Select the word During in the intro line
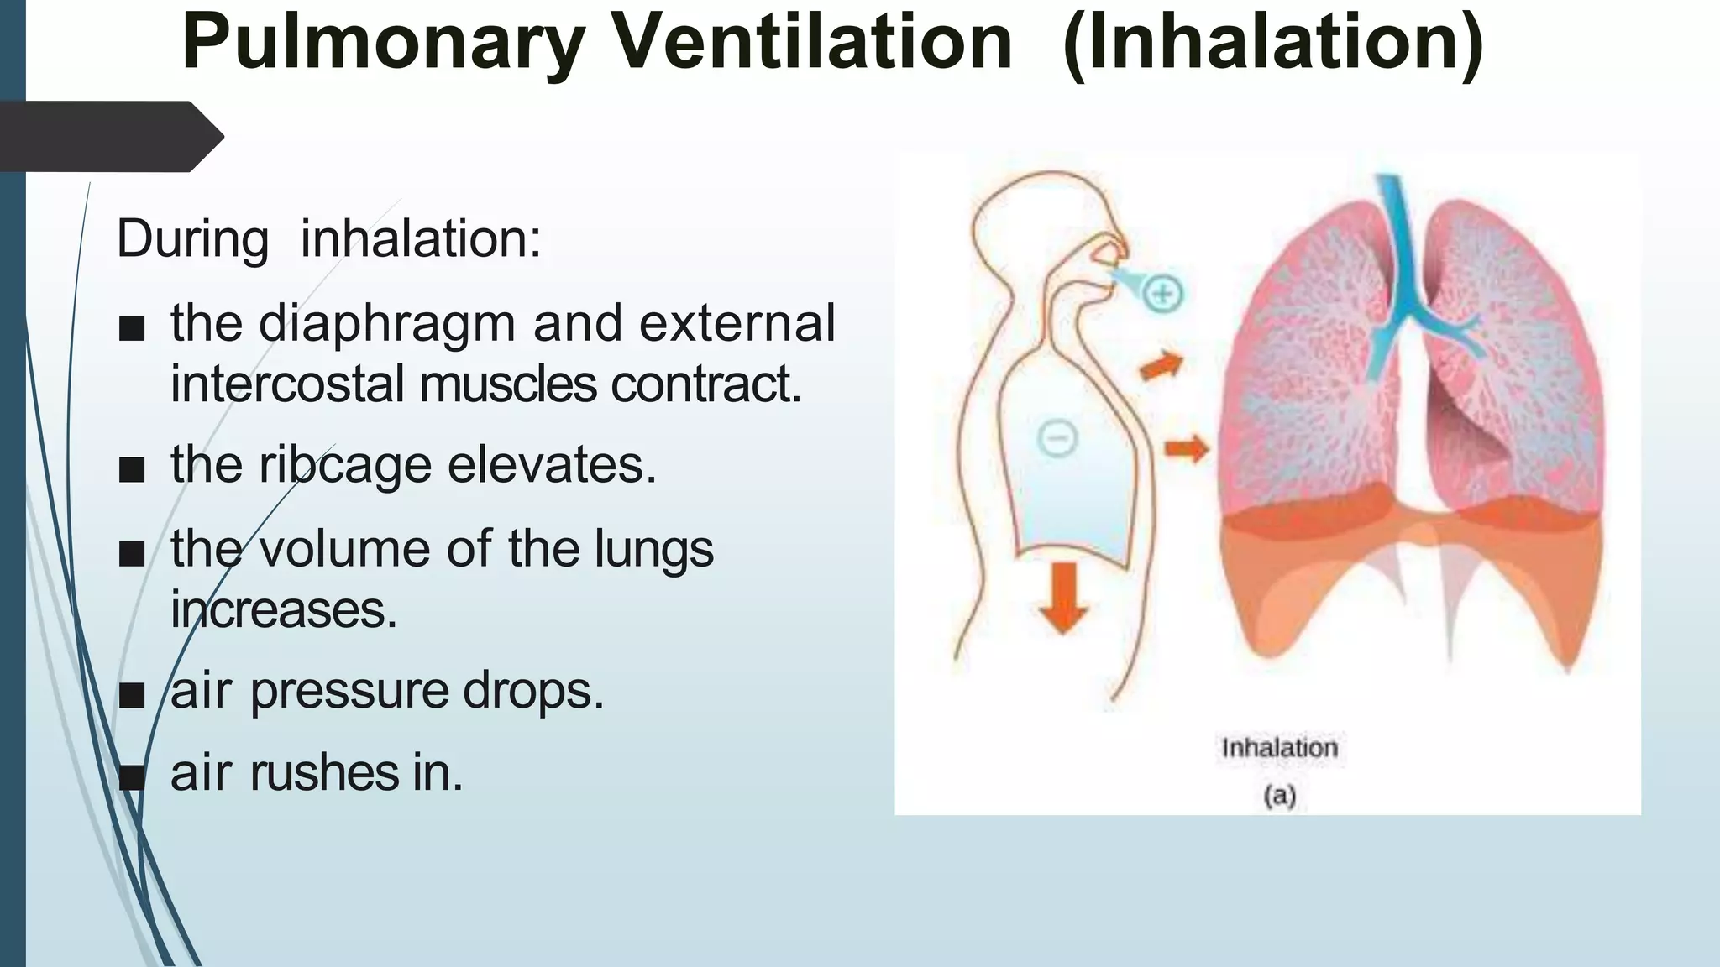192,239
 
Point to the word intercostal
288,384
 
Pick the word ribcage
344,465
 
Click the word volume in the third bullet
344,549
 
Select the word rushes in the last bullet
325,773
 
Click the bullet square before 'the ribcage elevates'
132,470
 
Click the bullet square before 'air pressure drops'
132,696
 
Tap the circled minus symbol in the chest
1057,438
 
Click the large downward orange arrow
1064,597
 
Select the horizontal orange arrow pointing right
1186,449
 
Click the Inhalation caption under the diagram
1279,748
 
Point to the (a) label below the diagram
1279,795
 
